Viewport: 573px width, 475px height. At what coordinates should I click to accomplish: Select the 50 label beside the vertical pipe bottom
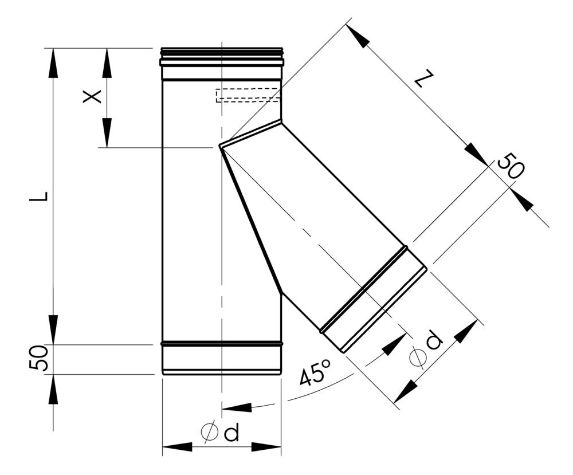tap(38, 359)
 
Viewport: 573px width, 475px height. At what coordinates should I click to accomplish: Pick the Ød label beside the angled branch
tap(426, 350)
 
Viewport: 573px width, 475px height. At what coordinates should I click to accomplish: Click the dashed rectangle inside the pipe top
tap(248, 95)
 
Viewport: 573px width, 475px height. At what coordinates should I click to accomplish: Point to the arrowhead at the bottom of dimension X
tap(107, 135)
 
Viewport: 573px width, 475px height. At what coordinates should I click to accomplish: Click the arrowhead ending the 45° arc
tap(236, 407)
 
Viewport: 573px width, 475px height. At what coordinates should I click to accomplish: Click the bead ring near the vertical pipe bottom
tap(222, 343)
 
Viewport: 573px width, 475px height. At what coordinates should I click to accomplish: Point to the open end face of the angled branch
tap(384, 310)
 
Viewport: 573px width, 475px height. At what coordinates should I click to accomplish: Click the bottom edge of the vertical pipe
tap(222, 374)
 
